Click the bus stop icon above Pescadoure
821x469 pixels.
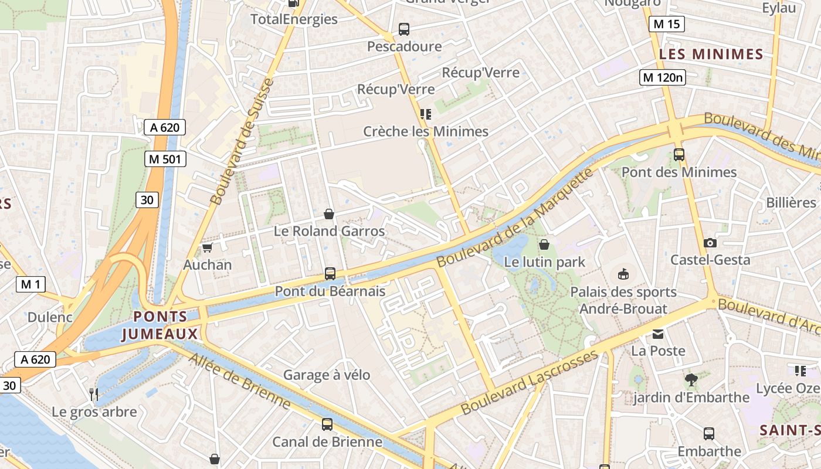tap(403, 29)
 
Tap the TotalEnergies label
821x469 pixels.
tap(294, 19)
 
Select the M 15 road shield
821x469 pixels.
tap(667, 24)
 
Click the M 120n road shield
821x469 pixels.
tap(662, 77)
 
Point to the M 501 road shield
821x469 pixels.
tap(165, 159)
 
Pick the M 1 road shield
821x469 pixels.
tap(30, 285)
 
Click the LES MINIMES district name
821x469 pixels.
tap(711, 55)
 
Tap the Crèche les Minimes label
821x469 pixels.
tap(425, 131)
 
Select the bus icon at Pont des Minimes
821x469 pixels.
tap(679, 155)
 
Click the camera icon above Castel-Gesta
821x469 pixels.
tap(710, 243)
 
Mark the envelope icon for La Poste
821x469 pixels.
tap(658, 334)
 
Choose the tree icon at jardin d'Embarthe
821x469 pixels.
tap(691, 380)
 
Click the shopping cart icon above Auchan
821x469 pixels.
tap(206, 248)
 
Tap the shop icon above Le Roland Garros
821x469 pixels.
tap(329, 214)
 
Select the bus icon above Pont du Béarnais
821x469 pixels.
tap(330, 274)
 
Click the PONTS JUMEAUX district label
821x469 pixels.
tap(160, 325)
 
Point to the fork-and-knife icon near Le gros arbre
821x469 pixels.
tap(93, 393)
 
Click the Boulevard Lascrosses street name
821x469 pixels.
tap(529, 383)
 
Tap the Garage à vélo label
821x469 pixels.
tap(327, 375)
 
